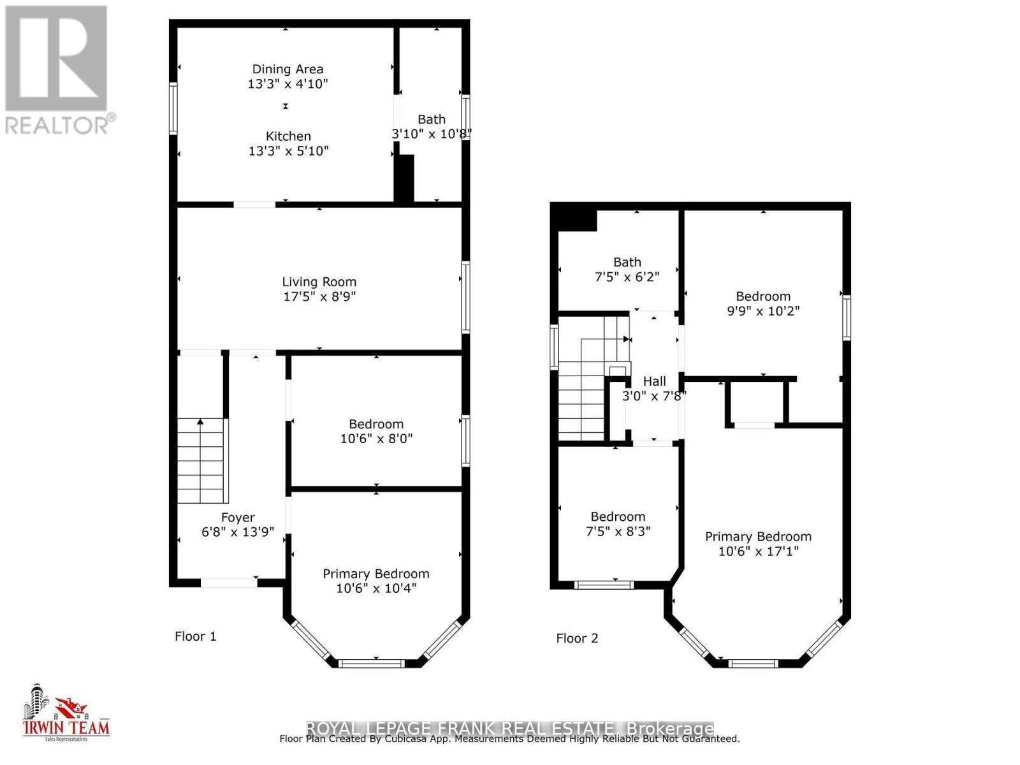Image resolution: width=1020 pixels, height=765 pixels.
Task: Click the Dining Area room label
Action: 288,69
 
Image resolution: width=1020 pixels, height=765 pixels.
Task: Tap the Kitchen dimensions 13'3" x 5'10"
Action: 288,151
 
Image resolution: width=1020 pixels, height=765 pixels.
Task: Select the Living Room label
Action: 319,282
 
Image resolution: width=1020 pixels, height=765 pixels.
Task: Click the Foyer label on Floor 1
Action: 238,518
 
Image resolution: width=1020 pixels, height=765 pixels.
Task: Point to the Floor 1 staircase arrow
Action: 200,422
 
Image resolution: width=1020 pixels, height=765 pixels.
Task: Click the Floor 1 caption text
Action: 196,636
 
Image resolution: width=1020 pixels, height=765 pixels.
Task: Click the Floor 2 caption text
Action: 577,638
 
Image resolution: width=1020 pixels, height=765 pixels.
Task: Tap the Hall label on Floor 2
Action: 654,381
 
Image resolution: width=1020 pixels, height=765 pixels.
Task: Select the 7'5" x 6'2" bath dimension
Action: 627,277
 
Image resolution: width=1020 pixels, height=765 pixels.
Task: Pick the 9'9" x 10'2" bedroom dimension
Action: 763,311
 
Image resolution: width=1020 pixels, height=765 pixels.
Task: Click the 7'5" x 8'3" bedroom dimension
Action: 618,531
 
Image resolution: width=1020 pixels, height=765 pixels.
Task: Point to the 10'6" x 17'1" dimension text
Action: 758,551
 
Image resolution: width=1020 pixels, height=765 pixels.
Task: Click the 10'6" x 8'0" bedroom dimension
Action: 376,439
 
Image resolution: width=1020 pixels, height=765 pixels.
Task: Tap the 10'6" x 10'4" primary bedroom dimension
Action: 376,588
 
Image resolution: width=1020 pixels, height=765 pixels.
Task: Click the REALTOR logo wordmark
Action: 61,124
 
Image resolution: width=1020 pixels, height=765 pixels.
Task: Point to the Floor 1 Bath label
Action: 432,119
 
